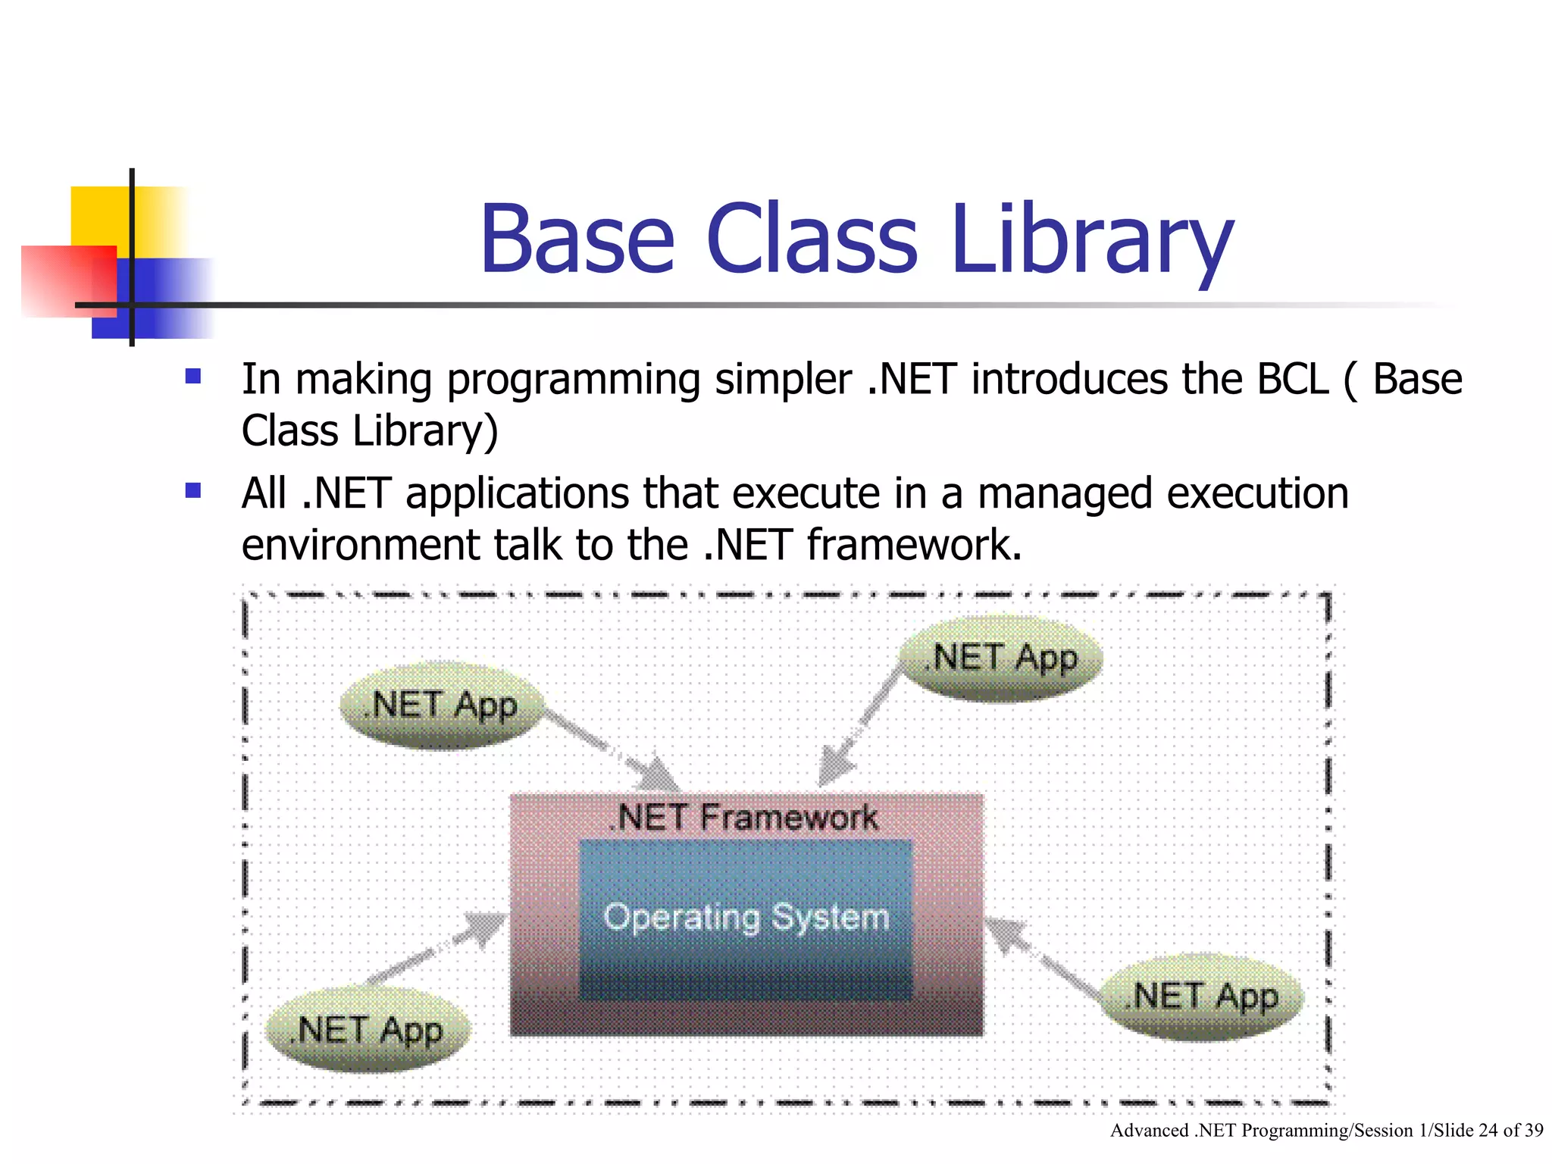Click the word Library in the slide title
coord(1091,241)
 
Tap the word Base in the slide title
coord(577,241)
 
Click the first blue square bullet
coord(193,377)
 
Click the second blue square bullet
coord(193,491)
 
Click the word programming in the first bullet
coord(573,380)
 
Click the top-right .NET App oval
coord(1001,659)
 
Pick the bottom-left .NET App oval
coord(368,1031)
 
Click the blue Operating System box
coord(746,919)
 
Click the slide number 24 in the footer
coord(1488,1131)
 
